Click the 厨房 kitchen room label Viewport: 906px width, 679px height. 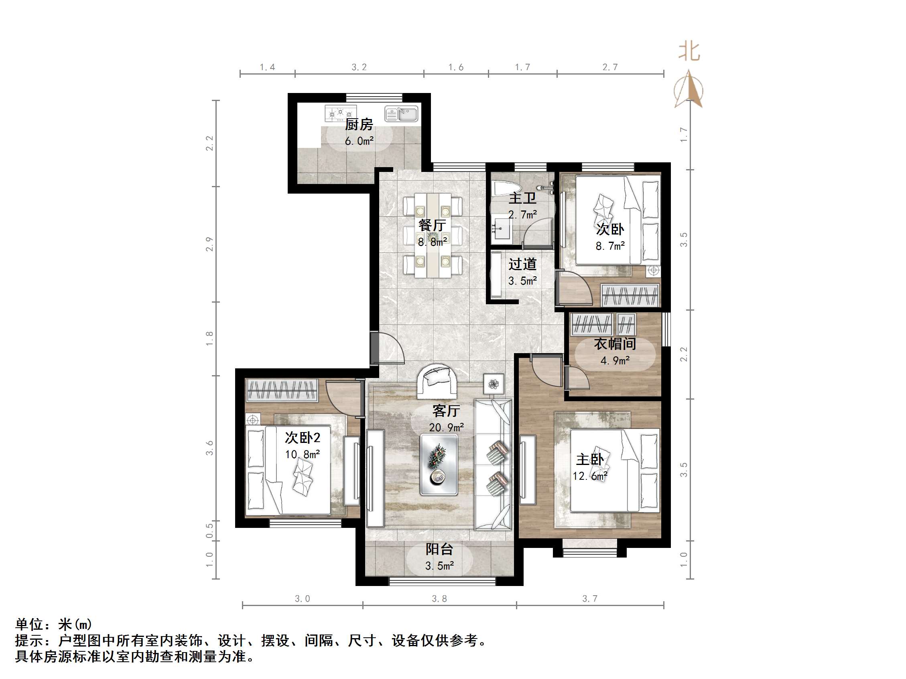point(359,124)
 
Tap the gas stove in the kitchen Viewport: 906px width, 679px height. point(340,113)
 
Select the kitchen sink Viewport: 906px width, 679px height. point(401,113)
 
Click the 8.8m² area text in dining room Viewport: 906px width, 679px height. point(433,242)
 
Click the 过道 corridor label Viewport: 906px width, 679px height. point(522,265)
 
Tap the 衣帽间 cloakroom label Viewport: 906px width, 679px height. point(615,344)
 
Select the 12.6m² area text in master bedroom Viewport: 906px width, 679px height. point(590,476)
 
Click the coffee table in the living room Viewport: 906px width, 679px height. point(439,465)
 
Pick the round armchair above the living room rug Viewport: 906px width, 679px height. point(437,382)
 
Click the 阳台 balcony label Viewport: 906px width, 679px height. point(439,549)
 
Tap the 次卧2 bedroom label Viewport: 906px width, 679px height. point(302,438)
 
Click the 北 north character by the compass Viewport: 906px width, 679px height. point(689,52)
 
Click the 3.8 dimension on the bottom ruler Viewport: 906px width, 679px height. point(439,599)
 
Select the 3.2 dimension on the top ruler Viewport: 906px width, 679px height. point(359,67)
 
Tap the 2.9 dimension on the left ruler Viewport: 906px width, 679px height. point(210,244)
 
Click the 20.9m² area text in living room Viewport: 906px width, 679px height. point(446,428)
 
